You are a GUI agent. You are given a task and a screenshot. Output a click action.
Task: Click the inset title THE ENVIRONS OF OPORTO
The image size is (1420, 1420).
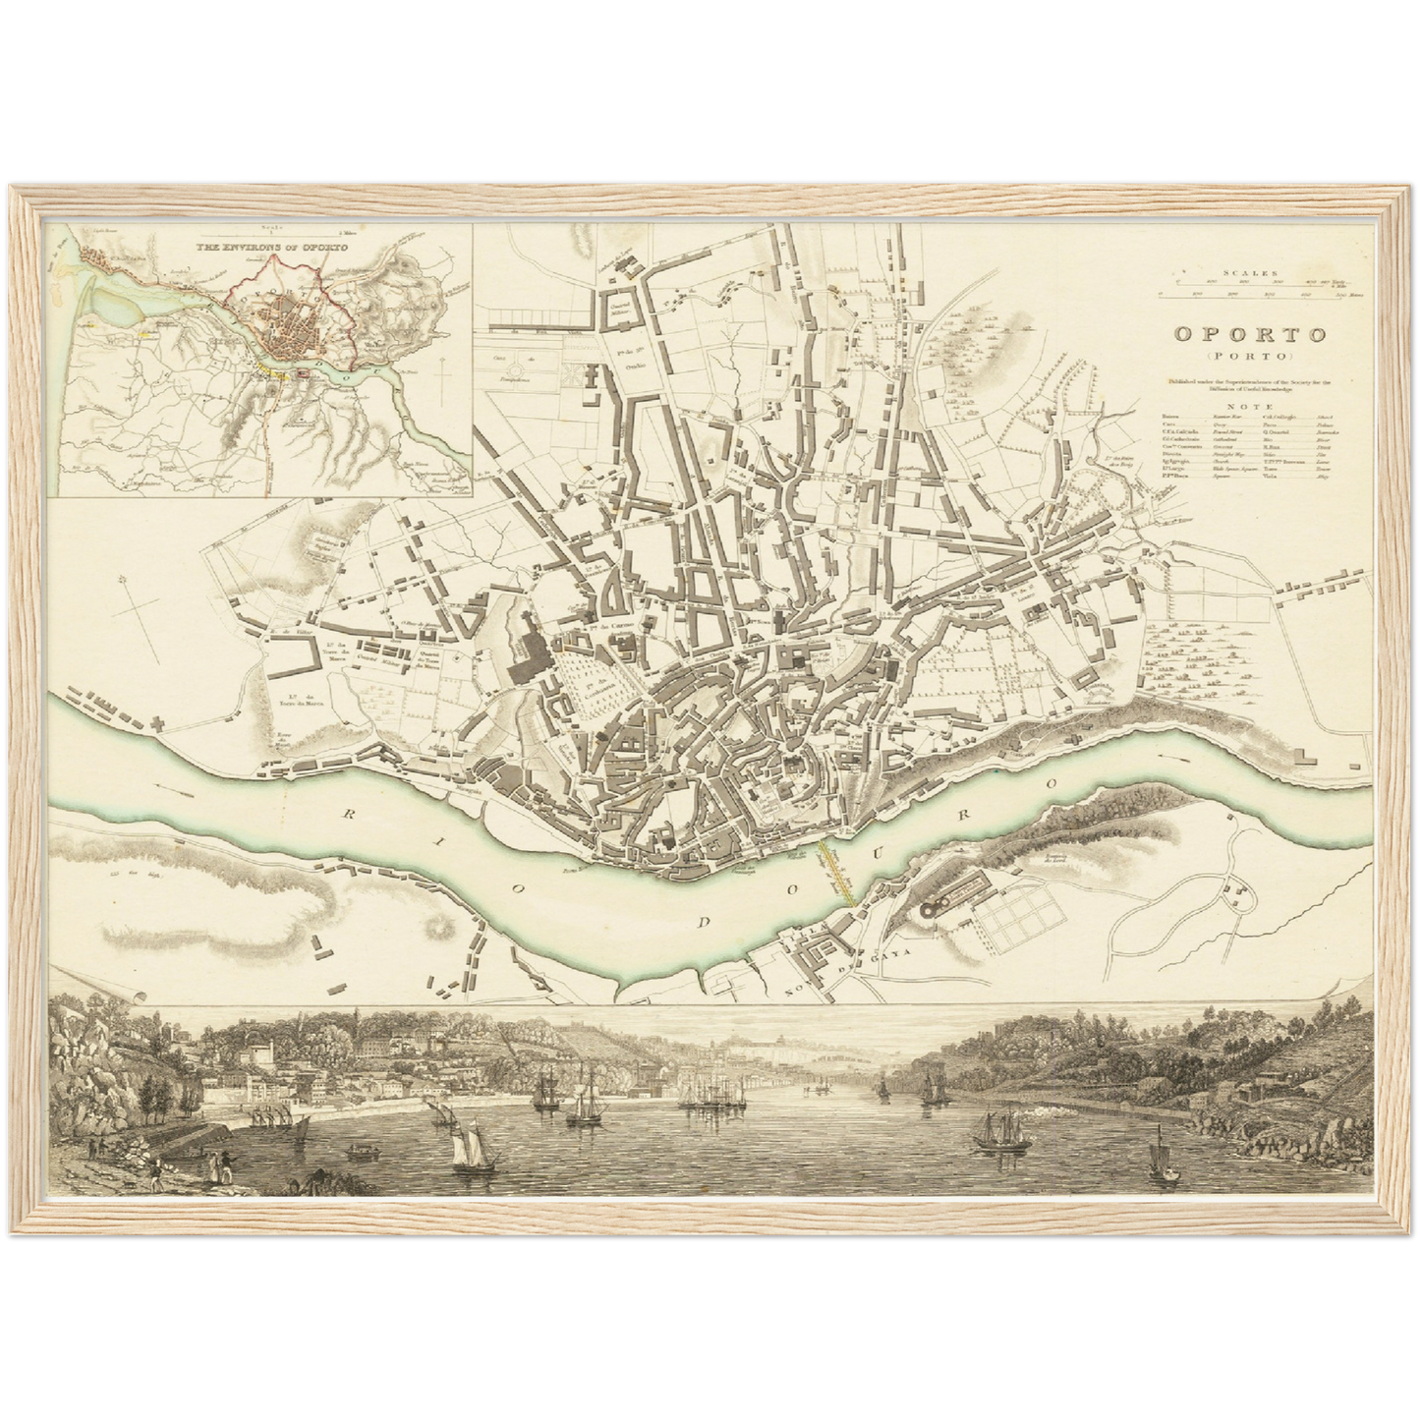point(259,247)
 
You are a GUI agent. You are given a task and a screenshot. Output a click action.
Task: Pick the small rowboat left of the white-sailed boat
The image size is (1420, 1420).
point(360,1146)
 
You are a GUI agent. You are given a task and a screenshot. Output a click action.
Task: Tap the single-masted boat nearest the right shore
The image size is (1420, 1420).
point(1160,1160)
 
